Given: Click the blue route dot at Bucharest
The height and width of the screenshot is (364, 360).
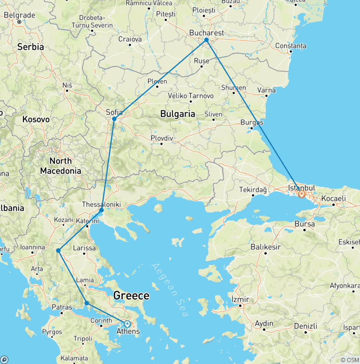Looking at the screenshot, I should pos(206,40).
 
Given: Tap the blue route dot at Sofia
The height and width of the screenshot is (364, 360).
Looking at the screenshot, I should pos(114,119).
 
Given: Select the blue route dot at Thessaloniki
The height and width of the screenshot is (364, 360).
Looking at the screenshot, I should pos(102,210).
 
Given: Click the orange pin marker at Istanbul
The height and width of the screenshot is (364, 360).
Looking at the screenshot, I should pos(302,193).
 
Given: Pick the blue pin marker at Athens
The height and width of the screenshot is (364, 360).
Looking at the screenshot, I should pos(127,324).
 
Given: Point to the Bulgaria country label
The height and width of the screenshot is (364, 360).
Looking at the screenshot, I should pos(178,114).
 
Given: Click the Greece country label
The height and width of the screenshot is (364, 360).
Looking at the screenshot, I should pos(131,296).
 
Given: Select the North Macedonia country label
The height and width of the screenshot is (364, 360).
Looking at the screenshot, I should pos(60,166).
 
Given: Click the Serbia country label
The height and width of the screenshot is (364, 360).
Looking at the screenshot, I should pos(30,47).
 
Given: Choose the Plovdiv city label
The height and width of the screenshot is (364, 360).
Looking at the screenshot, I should pos(162,138).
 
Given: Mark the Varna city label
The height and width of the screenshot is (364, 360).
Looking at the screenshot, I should pos(266,90).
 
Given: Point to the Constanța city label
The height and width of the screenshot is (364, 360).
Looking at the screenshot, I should pos(291,46).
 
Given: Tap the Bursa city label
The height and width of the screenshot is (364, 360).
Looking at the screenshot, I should pos(305,224).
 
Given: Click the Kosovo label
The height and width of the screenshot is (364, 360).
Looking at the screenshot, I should pos(36,120).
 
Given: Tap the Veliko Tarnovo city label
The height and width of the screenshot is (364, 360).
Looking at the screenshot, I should pos(191,96).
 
